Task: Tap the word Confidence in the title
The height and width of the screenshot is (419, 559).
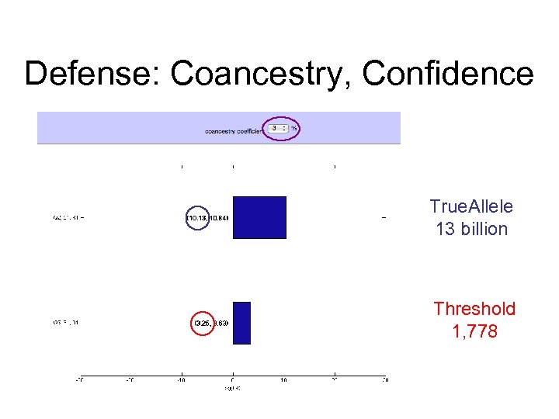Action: (x=448, y=74)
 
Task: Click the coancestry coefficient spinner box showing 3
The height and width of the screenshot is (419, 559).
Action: (x=279, y=129)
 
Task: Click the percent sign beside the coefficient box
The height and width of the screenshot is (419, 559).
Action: (x=294, y=129)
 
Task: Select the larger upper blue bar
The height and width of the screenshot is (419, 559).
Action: (x=259, y=217)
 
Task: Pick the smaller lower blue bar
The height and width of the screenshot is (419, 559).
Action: (x=241, y=322)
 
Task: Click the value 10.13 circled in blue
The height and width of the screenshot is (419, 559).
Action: (x=196, y=218)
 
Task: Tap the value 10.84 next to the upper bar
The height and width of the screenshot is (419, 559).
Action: (x=219, y=218)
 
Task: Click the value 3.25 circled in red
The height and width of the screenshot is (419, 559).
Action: (x=203, y=323)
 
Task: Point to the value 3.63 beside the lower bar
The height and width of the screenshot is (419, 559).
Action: (x=221, y=323)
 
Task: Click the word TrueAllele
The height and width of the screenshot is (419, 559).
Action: (x=471, y=206)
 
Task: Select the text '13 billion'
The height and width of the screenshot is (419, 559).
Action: (x=471, y=229)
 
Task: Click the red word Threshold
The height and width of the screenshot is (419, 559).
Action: (x=474, y=309)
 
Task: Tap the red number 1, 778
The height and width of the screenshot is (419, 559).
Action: (x=474, y=332)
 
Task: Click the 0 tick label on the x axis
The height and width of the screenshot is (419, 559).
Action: (x=232, y=379)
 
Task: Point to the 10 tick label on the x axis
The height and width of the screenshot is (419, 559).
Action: (x=283, y=379)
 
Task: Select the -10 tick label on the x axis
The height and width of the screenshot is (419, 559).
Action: (x=181, y=379)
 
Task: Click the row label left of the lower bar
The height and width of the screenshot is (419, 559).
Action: (x=66, y=323)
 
